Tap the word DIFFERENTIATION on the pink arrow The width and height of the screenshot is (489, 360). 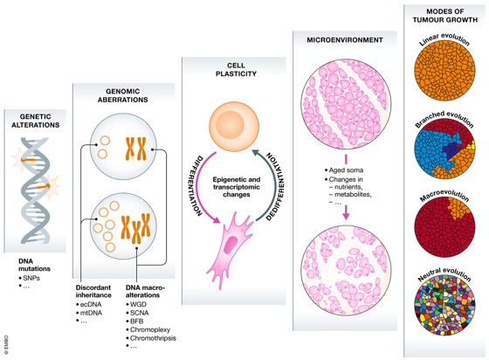click(x=190, y=183)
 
